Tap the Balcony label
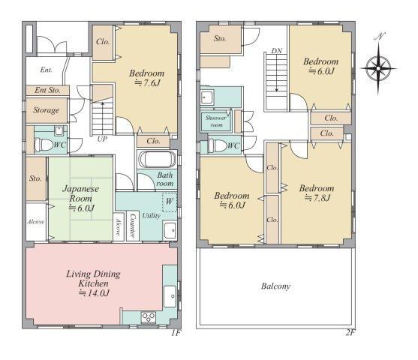[x=275, y=286]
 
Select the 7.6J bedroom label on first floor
[x=146, y=78]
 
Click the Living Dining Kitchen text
[x=93, y=279]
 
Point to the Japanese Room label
[x=80, y=193]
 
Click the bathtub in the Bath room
[x=157, y=160]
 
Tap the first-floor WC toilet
[x=44, y=145]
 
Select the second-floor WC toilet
[x=218, y=145]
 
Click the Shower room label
[x=216, y=121]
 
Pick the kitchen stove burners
[x=149, y=317]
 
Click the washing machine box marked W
[x=170, y=202]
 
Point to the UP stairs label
[x=102, y=139]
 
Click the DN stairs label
[x=277, y=51]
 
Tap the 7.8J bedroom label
[x=317, y=193]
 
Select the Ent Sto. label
[x=47, y=90]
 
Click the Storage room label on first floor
[x=47, y=110]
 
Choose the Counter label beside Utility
[x=133, y=226]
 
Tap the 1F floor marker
[x=176, y=333]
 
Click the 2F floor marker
[x=350, y=332]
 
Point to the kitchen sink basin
[x=170, y=296]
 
